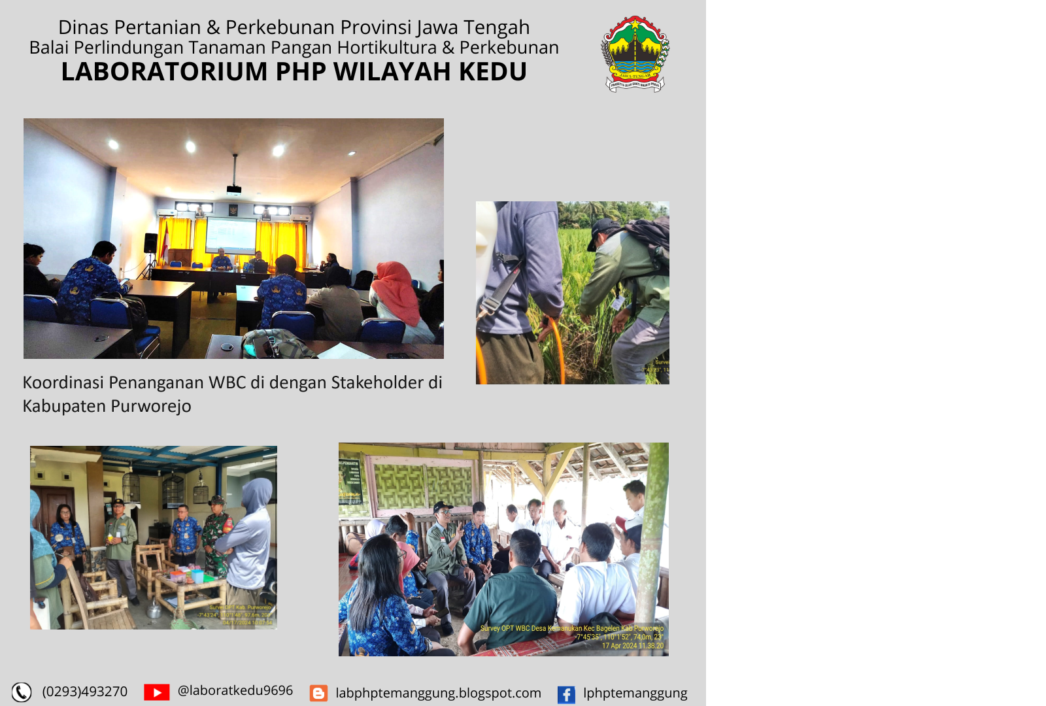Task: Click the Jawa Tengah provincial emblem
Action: pos(635,54)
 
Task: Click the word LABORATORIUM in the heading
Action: pos(164,72)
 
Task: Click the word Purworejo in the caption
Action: pos(151,406)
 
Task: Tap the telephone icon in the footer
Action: pos(22,692)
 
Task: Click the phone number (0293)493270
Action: pos(85,692)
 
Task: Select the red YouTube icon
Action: pos(156,692)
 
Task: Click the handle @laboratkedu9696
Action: pos(235,691)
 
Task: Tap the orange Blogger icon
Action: pos(318,694)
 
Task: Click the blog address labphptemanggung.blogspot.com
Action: pos(438,693)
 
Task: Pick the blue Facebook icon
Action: pos(566,694)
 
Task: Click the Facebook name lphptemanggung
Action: pos(635,693)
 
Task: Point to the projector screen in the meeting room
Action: pos(231,236)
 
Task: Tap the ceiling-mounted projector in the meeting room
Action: pos(233,190)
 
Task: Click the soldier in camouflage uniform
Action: pos(217,533)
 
